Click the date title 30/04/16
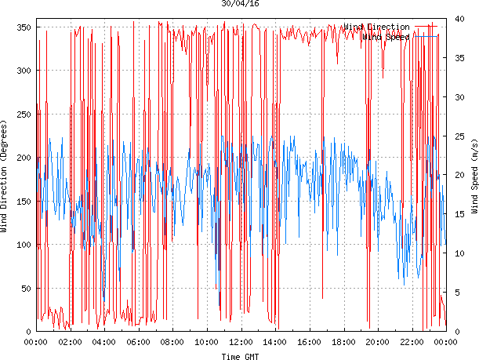tap(240, 4)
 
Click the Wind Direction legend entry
tap(376, 27)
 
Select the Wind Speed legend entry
tap(386, 36)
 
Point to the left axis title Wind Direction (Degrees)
tap(5, 176)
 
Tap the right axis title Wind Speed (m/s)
tap(474, 176)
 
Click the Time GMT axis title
tap(240, 356)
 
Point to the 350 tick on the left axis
tap(23, 27)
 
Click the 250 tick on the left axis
tap(23, 115)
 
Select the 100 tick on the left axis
tap(23, 245)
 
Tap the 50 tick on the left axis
tap(25, 289)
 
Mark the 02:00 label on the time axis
tap(71, 342)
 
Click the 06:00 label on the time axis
tap(139, 342)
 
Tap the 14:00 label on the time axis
tap(275, 342)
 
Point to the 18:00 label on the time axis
tap(343, 342)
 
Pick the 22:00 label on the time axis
tap(412, 342)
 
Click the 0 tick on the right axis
tap(457, 332)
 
